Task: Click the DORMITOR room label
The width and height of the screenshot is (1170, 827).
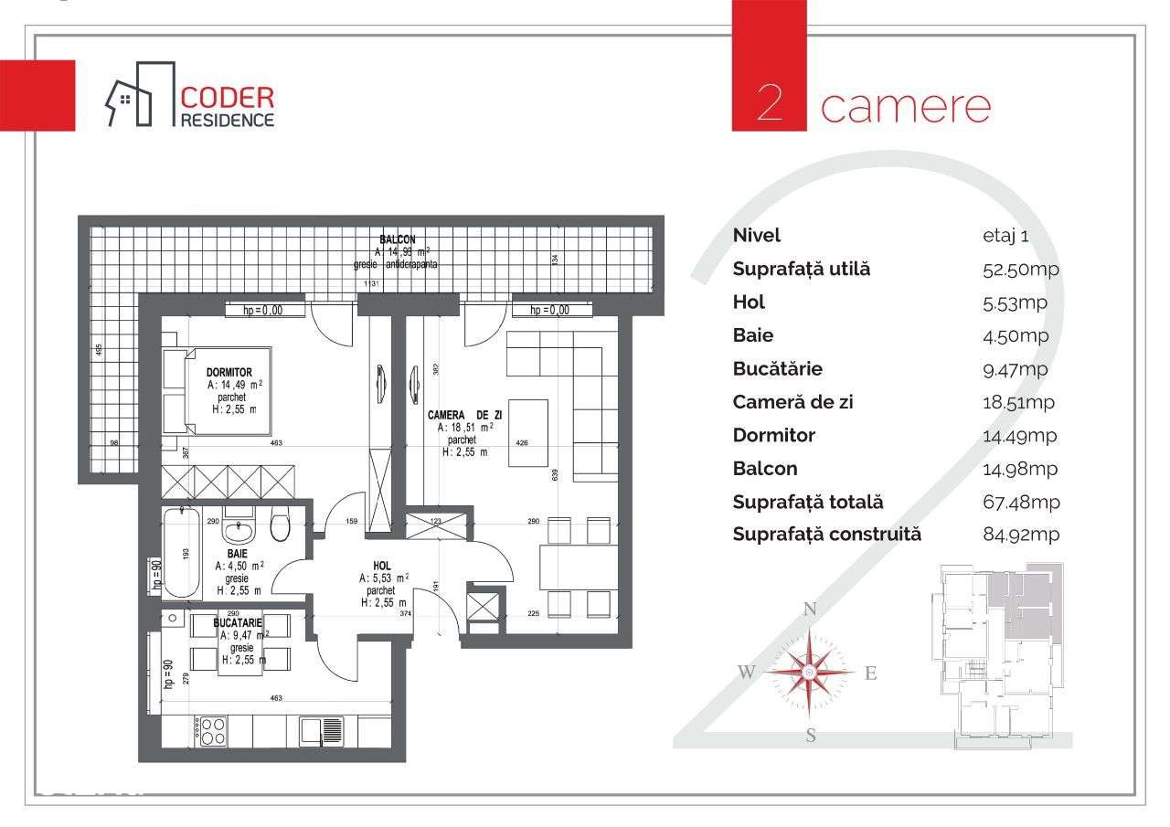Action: point(229,373)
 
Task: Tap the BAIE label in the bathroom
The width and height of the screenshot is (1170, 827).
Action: point(237,553)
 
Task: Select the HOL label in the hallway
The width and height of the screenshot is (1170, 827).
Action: point(382,566)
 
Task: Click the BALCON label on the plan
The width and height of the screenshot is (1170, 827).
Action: point(397,239)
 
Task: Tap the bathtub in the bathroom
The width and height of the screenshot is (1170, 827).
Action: point(182,554)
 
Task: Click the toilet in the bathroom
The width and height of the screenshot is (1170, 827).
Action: point(280,525)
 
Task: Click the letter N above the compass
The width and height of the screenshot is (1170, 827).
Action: point(809,610)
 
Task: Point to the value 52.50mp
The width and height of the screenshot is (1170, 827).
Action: point(1020,270)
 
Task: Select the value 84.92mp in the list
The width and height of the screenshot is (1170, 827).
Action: point(1020,535)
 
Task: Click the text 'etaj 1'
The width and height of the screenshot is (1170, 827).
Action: point(1005,236)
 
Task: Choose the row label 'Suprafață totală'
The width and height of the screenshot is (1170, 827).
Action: point(808,503)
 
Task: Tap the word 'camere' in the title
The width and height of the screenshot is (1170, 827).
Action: point(905,106)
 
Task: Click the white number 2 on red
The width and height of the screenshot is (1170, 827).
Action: point(770,104)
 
